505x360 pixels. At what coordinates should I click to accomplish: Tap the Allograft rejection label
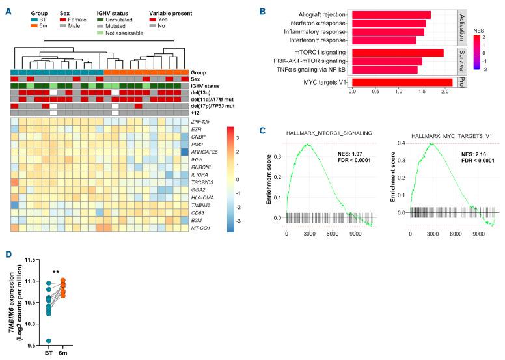[319, 14]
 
